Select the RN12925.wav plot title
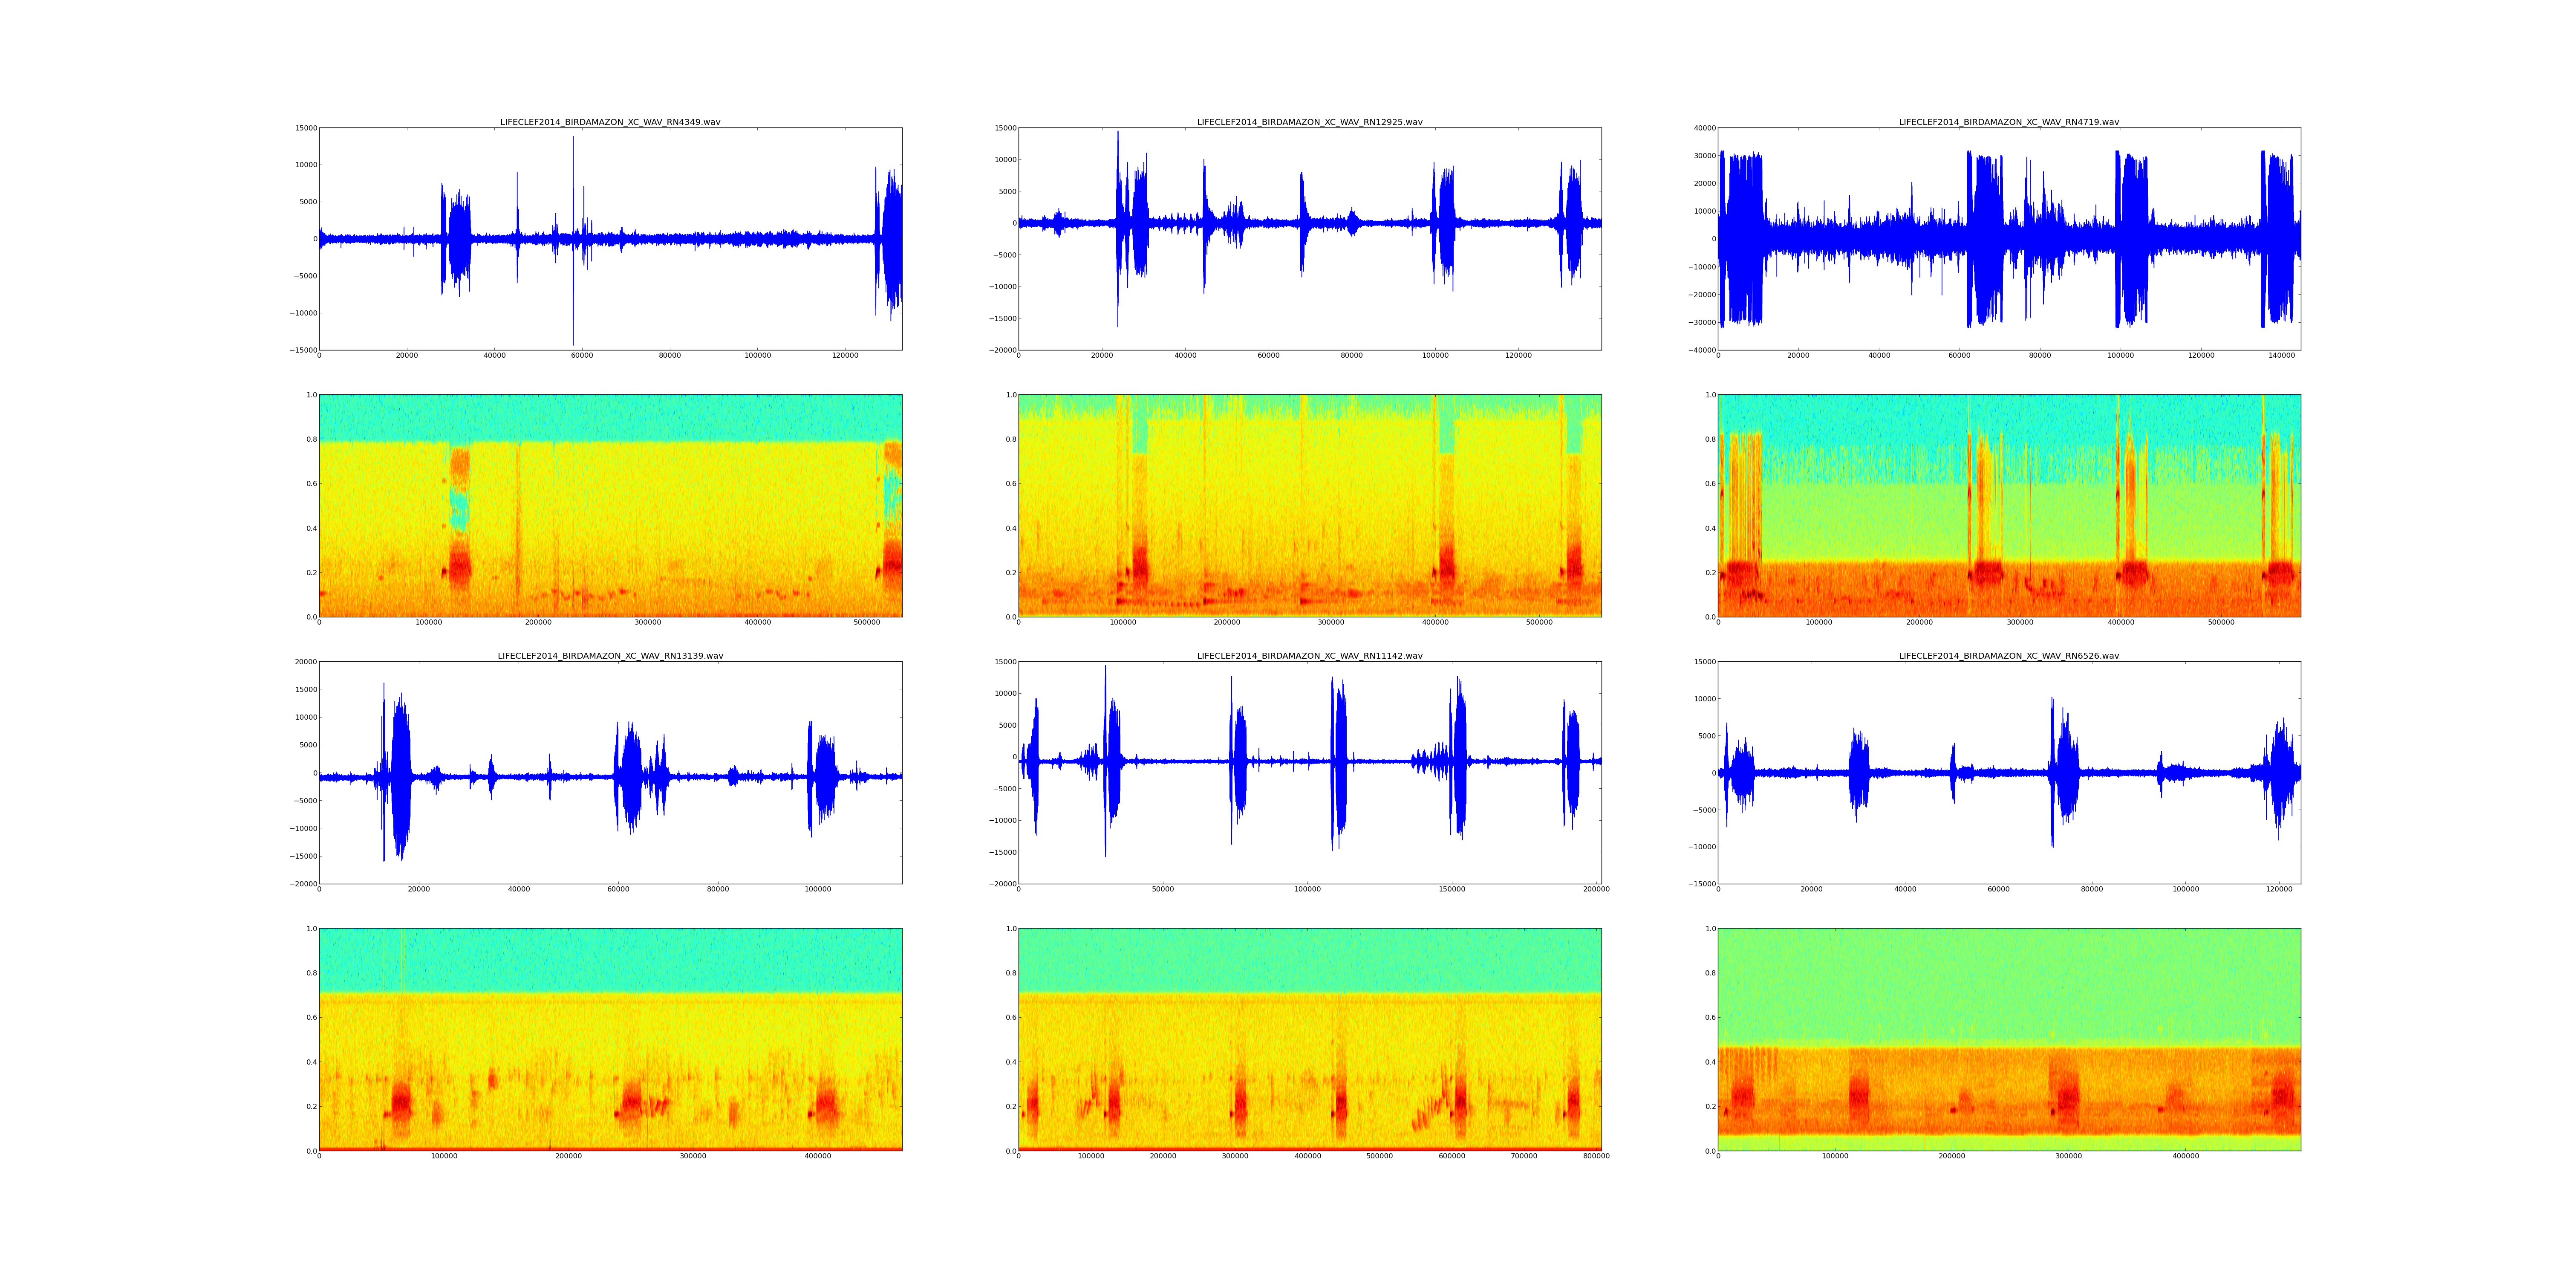pos(1309,122)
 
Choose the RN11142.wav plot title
pos(1309,655)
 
